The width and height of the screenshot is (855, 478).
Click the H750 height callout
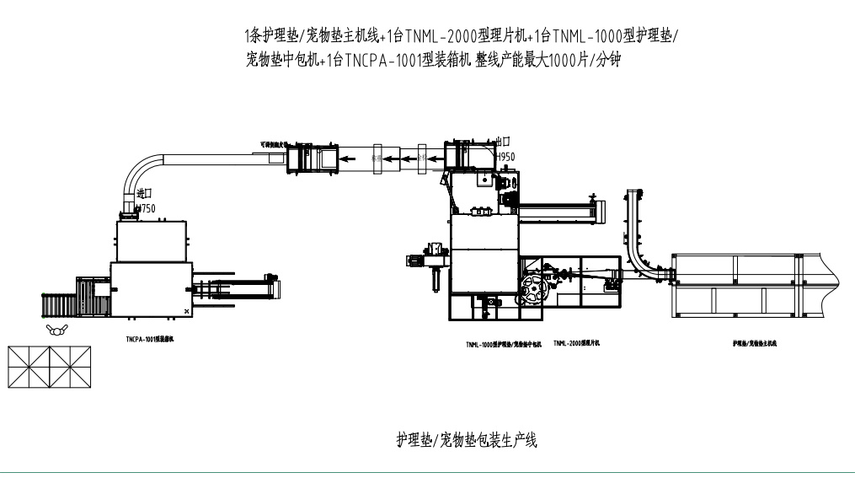(x=145, y=208)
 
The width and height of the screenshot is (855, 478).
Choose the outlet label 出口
(x=505, y=142)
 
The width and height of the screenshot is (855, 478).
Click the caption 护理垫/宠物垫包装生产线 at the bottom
(x=466, y=439)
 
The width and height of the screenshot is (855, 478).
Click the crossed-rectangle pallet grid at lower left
(x=50, y=368)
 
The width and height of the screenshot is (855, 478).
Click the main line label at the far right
(x=754, y=344)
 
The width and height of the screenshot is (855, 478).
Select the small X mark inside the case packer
(x=186, y=312)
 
